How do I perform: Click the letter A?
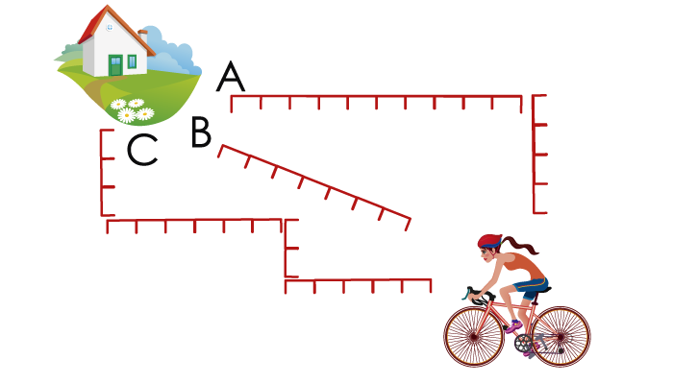coord(231,76)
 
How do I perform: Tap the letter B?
coord(201,132)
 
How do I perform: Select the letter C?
coord(142,149)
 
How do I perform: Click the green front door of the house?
coord(115,65)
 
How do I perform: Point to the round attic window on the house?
coord(110,27)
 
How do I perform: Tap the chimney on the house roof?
coord(143,36)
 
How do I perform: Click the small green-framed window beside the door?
coord(133,61)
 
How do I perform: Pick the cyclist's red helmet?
coord(489,241)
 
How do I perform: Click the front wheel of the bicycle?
coord(473,336)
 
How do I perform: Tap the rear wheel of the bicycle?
coord(561,337)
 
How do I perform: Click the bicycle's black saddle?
coord(541,290)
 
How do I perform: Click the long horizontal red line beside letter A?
coord(377,96)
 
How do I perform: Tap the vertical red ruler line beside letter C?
coord(102,173)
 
